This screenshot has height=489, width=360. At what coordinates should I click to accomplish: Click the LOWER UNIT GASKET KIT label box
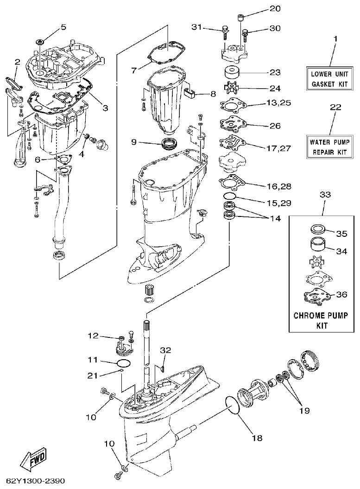click(x=331, y=79)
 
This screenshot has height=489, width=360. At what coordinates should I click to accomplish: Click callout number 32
click(x=165, y=349)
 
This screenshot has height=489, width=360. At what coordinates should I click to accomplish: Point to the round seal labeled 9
click(x=169, y=143)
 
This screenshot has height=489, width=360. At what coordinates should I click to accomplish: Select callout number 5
click(x=64, y=27)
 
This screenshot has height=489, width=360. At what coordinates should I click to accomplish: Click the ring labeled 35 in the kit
click(x=316, y=229)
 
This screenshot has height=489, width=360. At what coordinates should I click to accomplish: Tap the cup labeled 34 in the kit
click(x=317, y=244)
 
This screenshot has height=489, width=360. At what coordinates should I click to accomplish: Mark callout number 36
click(x=341, y=295)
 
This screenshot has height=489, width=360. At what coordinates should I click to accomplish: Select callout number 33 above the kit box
click(x=325, y=195)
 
